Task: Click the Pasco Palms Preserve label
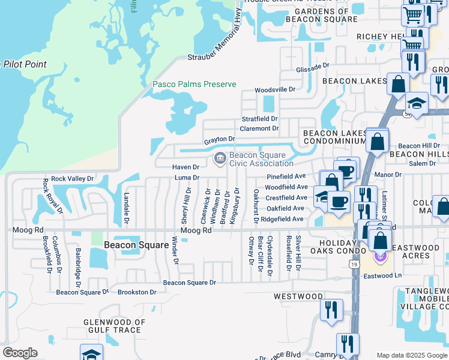194,85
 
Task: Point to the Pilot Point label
24,64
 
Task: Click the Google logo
19,353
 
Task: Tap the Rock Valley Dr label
73,178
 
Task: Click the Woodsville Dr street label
275,89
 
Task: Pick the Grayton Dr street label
219,140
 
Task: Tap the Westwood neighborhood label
298,296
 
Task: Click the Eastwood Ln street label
382,275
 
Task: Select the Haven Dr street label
185,167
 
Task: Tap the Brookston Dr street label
137,292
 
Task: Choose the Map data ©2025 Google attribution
411,355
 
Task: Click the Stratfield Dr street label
260,119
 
